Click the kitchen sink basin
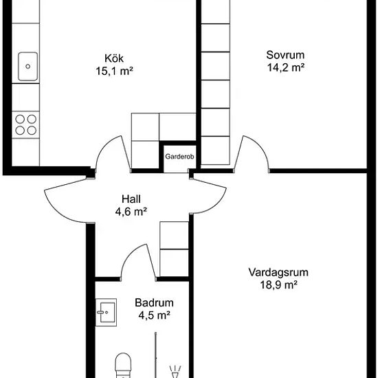pos(28,66)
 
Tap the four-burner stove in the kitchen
pos(26,124)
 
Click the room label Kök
pos(114,58)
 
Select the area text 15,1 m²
pos(115,71)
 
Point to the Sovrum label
pos(285,55)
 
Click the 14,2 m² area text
pos(286,68)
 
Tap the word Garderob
pos(179,157)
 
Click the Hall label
pos(131,199)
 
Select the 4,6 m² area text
pos(131,212)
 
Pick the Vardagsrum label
pos(278,272)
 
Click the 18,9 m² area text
pos(278,285)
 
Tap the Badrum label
pos(154,303)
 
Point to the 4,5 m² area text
pos(155,315)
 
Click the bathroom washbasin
pos(106,313)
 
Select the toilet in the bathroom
pos(123,366)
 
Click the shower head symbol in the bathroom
pos(175,372)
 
